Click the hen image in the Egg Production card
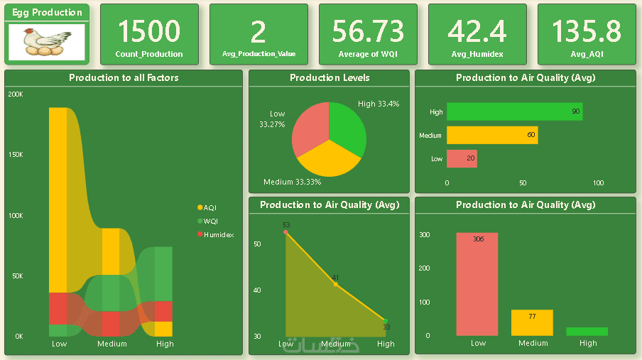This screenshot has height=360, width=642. [x=47, y=41]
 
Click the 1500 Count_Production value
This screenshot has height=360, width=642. [x=149, y=31]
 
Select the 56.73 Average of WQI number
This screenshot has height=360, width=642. [x=368, y=31]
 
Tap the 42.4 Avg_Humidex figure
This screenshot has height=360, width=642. [x=477, y=31]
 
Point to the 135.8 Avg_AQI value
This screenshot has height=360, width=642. [x=587, y=31]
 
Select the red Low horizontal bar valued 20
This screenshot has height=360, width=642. [x=462, y=158]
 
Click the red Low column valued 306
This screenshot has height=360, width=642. [x=477, y=284]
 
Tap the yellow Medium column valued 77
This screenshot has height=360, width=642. [x=532, y=323]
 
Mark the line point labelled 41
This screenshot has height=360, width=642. [x=336, y=284]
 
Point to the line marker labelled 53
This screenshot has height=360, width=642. [x=286, y=232]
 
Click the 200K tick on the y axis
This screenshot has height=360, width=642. [x=15, y=94]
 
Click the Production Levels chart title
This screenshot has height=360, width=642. [x=329, y=78]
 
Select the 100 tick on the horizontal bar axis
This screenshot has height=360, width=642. [x=598, y=183]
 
